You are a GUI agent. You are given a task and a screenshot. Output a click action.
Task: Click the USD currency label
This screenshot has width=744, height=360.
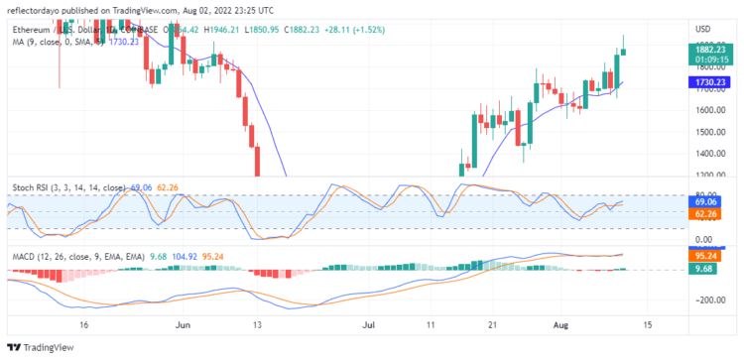pyautogui.click(x=703, y=28)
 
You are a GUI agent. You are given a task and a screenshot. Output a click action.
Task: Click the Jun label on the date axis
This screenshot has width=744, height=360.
pyautogui.click(x=182, y=324)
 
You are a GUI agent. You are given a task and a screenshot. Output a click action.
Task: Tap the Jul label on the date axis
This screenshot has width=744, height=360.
pyautogui.click(x=368, y=324)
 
